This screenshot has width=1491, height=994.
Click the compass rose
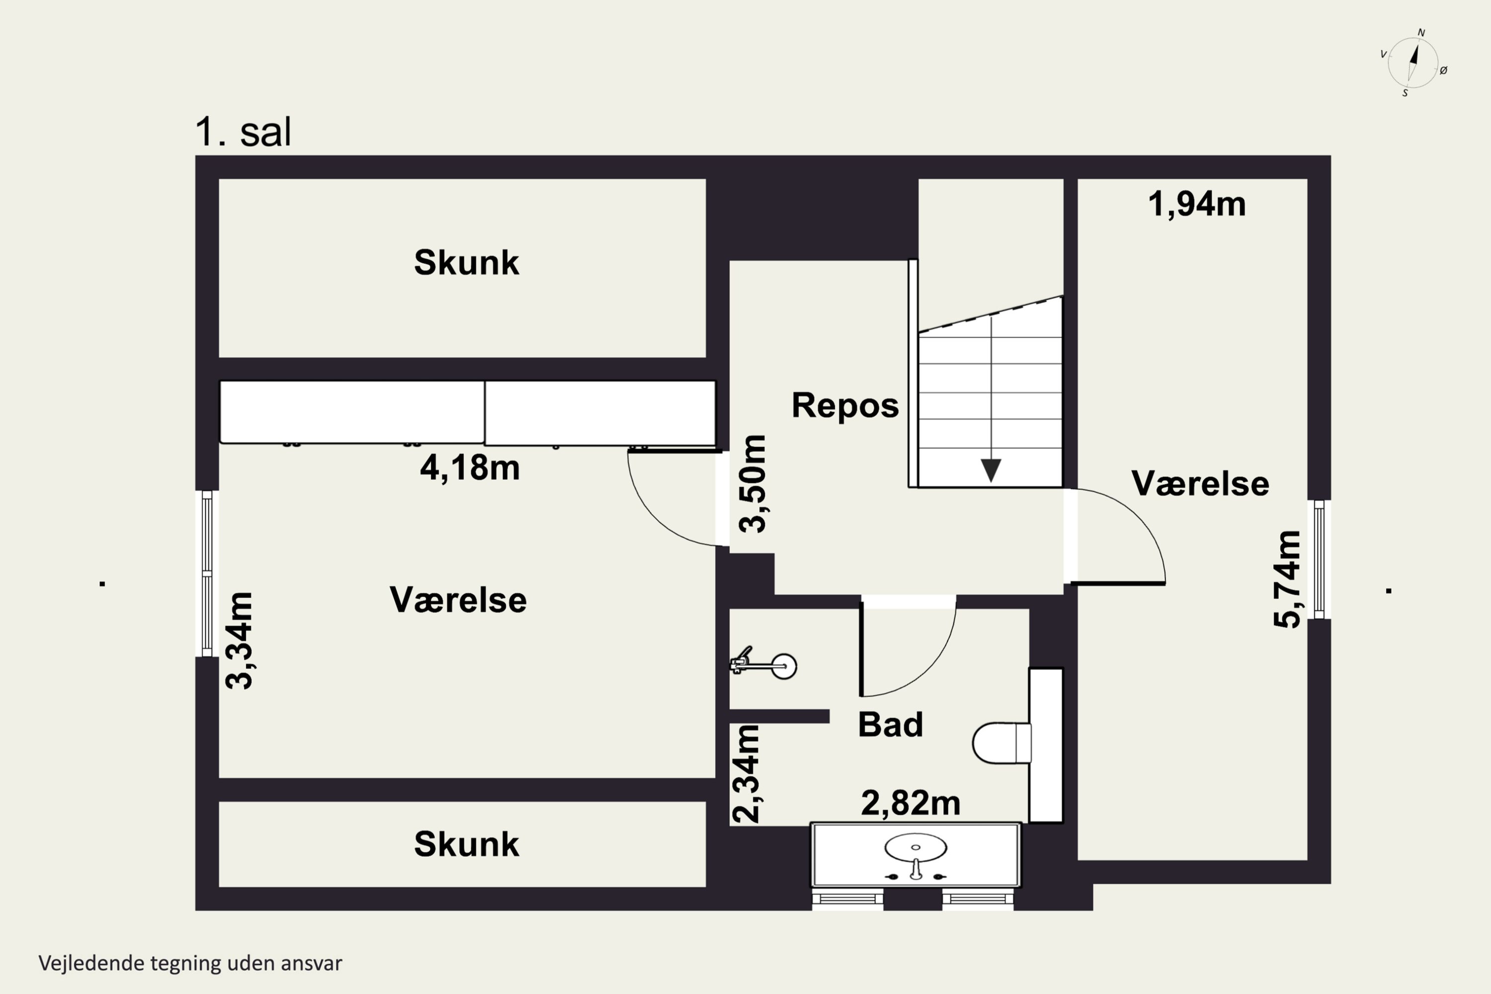1412,63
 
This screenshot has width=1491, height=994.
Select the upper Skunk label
466,262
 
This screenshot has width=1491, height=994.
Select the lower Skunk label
466,844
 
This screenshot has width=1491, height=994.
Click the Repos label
844,405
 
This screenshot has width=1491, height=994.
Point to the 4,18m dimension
470,468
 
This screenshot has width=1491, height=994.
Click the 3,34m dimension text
240,640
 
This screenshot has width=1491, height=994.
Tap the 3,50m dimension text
752,484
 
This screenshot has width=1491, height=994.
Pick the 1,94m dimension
1196,204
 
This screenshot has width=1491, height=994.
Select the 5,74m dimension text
1287,580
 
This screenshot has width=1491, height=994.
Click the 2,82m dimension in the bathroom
911,803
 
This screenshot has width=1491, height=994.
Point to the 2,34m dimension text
745,773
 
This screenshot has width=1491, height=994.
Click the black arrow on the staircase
991,470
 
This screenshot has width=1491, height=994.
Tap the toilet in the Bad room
1001,743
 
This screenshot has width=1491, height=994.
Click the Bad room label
890,725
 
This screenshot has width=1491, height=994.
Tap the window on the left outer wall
207,574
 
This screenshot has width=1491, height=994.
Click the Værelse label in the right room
1200,484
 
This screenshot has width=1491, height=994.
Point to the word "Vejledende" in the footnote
91,963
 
